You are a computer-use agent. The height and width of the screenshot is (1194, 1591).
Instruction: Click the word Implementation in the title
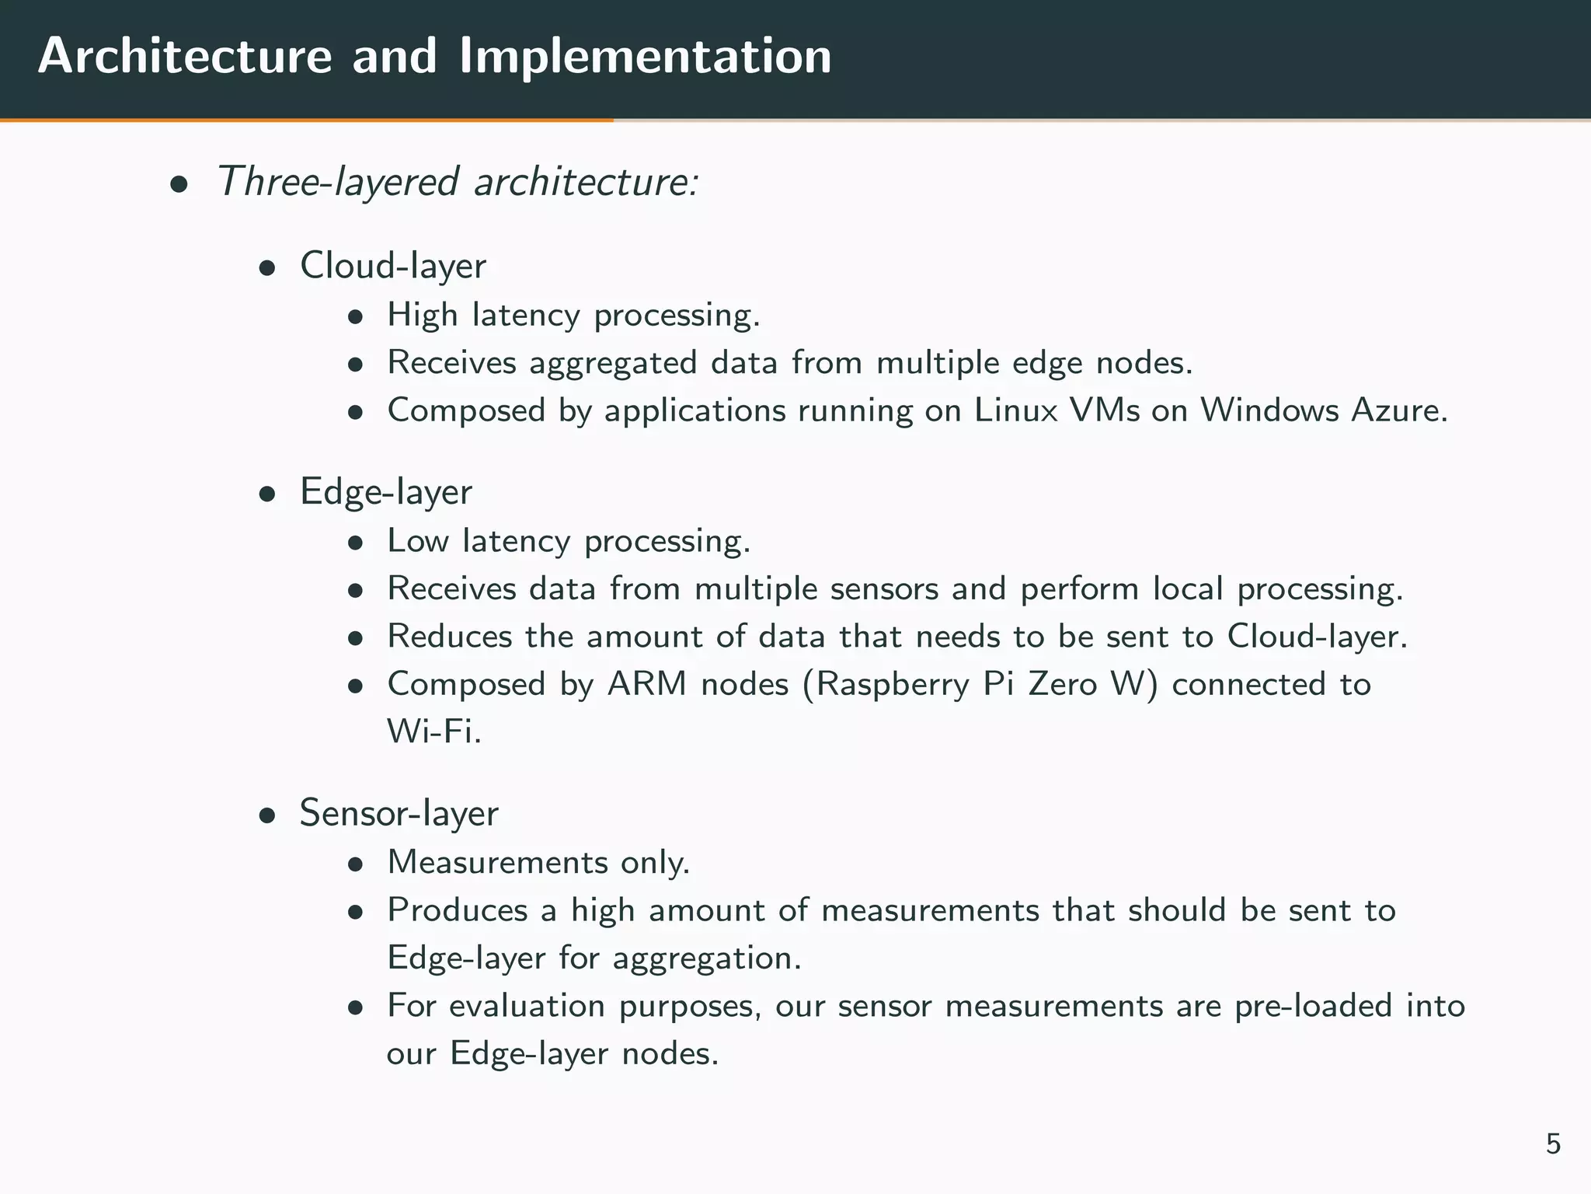pos(645,57)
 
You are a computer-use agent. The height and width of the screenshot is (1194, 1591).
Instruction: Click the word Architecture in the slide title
pos(185,57)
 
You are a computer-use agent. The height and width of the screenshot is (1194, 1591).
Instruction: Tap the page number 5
pos(1553,1144)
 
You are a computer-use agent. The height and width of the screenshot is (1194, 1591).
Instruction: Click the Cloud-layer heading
pos(393,266)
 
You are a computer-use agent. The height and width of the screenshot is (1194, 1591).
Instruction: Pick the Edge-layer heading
pos(386,492)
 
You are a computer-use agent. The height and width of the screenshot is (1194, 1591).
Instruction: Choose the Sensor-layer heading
pos(399,814)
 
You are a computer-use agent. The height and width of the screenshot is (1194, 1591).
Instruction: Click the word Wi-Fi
pos(434,731)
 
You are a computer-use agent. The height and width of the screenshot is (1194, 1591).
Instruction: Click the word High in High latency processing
pos(423,316)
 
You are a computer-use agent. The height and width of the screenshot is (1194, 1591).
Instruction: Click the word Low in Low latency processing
pos(418,541)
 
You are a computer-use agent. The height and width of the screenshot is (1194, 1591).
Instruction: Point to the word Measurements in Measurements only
pos(498,862)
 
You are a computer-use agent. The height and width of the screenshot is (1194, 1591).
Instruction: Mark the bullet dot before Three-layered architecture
pos(179,186)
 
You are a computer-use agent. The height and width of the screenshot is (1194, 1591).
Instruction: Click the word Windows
pos(1269,410)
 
